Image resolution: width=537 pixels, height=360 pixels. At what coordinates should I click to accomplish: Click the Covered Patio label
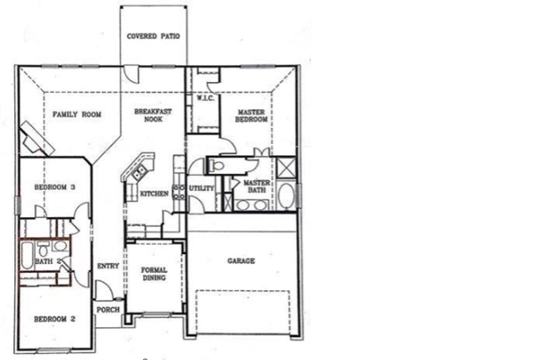click(x=153, y=36)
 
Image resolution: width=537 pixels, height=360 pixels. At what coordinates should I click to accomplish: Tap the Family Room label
click(x=76, y=114)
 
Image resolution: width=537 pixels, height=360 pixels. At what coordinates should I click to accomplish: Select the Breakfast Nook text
click(x=153, y=115)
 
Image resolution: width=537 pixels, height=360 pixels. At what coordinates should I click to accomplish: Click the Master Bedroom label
click(x=252, y=116)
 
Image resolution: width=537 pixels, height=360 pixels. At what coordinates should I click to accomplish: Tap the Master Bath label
click(x=256, y=186)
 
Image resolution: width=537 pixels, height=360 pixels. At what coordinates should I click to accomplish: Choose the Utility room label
click(x=201, y=188)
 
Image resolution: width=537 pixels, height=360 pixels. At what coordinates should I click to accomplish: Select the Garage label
click(x=241, y=261)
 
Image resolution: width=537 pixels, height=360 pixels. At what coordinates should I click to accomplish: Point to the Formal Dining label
click(x=154, y=274)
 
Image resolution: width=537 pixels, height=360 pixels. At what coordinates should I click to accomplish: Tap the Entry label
click(x=108, y=266)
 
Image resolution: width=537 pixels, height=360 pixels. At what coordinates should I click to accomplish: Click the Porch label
click(x=108, y=310)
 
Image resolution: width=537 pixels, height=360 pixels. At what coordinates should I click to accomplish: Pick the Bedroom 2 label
click(x=55, y=319)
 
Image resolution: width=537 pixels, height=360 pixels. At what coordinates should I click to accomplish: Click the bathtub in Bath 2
click(x=27, y=255)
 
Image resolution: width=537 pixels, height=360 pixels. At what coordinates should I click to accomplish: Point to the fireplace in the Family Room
click(x=36, y=138)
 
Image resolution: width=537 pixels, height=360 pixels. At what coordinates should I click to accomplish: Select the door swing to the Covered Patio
click(x=132, y=74)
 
